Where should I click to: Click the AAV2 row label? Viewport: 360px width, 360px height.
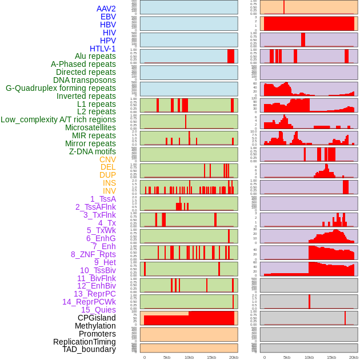pyautogui.click(x=106, y=9)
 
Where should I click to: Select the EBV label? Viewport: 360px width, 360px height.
pyautogui.click(x=107, y=17)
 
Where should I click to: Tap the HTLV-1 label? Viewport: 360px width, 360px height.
pyautogui.click(x=102, y=49)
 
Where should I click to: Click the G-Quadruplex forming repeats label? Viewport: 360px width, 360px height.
pyautogui.click(x=61, y=88)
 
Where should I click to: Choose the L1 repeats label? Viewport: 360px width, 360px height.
pyautogui.click(x=96, y=104)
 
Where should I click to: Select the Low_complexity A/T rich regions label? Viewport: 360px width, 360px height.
pyautogui.click(x=58, y=119)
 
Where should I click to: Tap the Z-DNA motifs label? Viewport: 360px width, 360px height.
pyautogui.click(x=92, y=151)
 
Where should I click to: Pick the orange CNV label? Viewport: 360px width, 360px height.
pyautogui.click(x=107, y=159)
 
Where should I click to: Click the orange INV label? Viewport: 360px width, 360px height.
pyautogui.click(x=109, y=191)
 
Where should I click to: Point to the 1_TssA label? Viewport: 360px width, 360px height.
pyautogui.click(x=103, y=199)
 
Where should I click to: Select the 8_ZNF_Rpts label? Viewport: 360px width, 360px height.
pyautogui.click(x=93, y=254)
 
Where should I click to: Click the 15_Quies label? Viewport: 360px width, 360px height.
pyautogui.click(x=98, y=310)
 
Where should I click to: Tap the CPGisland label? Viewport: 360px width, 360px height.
pyautogui.click(x=97, y=318)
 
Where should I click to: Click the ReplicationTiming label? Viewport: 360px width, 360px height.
pyautogui.click(x=84, y=342)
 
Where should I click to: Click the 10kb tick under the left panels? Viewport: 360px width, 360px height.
pyautogui.click(x=189, y=357)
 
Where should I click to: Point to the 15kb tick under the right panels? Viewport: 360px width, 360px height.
pyautogui.click(x=331, y=357)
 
